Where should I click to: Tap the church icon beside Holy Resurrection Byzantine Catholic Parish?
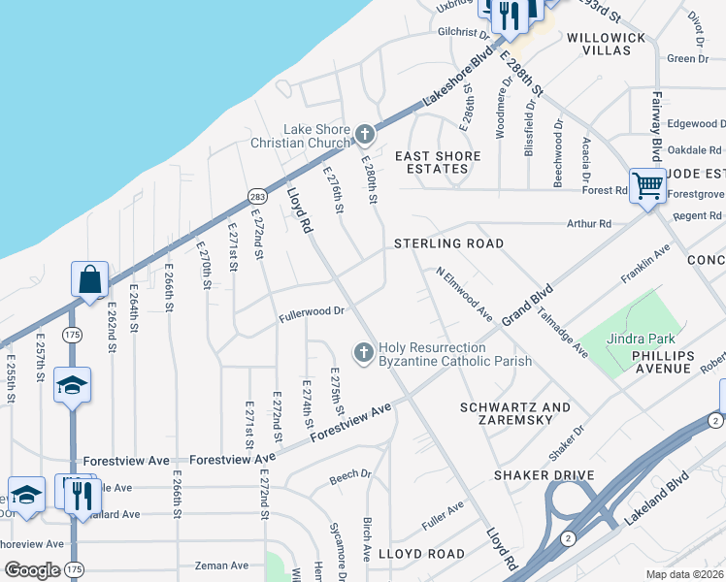(x=364, y=353)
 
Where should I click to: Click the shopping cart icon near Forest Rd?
(x=646, y=185)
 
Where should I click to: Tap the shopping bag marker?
(x=89, y=280)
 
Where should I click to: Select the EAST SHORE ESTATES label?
(x=438, y=162)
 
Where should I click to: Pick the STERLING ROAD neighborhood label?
(x=448, y=243)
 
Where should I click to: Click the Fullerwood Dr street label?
(x=313, y=311)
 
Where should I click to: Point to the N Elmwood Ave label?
(x=465, y=295)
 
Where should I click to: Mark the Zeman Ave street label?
(x=221, y=566)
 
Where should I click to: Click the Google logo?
(x=32, y=570)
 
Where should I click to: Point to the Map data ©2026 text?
(x=684, y=574)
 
